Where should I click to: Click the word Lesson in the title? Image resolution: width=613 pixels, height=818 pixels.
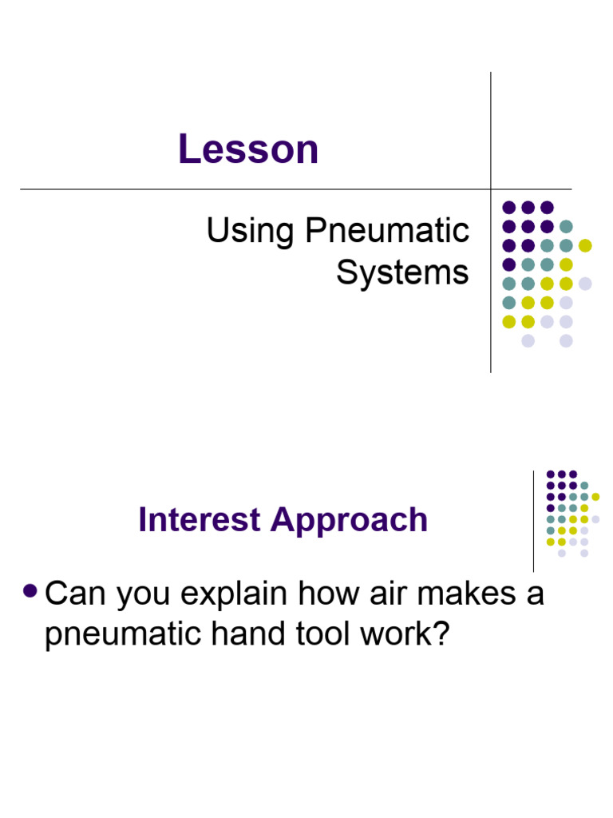248,149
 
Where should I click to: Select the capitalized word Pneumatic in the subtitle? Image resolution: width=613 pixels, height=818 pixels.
386,232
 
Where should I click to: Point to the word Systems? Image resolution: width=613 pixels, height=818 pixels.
402,273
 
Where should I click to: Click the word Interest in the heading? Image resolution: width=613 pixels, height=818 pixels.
200,520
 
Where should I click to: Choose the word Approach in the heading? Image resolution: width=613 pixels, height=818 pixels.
349,520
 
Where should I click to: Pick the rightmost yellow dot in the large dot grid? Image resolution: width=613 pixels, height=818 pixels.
585,244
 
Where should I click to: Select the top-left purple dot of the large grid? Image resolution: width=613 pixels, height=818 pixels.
508,207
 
